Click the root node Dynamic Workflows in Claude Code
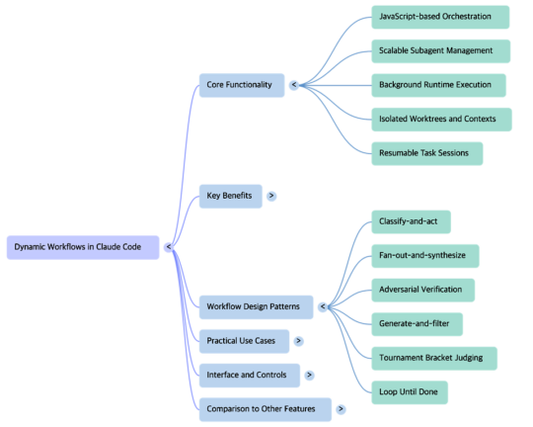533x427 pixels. point(83,247)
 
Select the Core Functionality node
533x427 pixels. point(242,85)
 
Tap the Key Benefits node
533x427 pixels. point(230,196)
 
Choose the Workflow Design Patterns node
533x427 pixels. point(256,307)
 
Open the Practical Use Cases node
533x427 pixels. point(244,341)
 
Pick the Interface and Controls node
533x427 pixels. point(250,376)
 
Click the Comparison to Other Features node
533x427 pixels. point(266,409)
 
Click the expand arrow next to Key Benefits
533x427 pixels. point(271,196)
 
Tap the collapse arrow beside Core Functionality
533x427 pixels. point(294,85)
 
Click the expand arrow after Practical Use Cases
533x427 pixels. point(298,341)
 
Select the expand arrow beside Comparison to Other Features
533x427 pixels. point(341,409)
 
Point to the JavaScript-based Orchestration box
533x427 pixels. point(440,17)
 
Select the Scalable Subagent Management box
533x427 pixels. point(441,51)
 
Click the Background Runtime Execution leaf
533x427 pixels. point(438,85)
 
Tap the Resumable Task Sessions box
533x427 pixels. point(427,153)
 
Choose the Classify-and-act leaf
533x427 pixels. point(411,222)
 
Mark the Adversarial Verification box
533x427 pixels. point(422,291)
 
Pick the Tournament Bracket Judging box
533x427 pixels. point(434,358)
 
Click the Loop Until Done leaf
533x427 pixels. point(410,392)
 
